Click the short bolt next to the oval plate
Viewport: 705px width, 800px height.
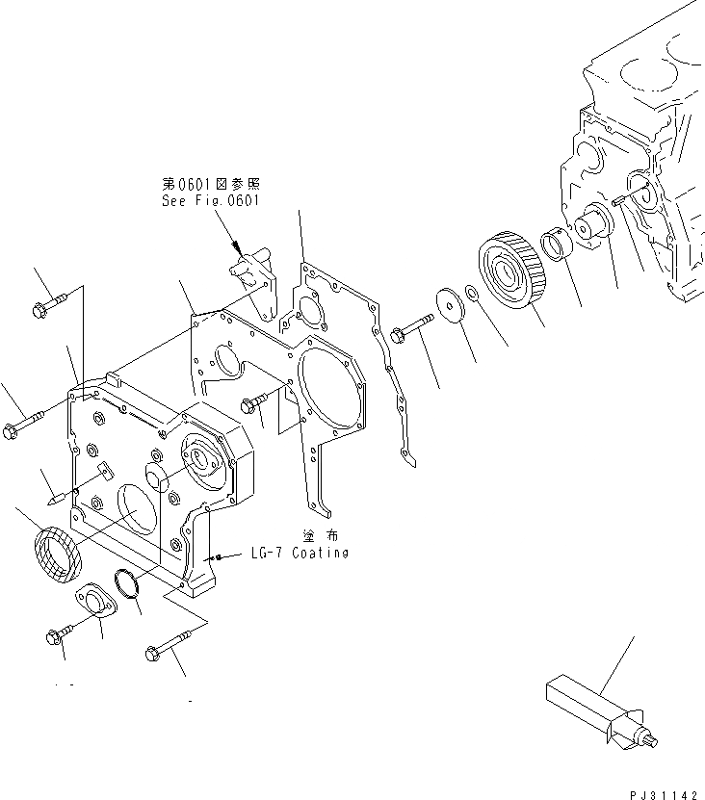pos(58,635)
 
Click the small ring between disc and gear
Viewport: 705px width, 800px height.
pos(471,293)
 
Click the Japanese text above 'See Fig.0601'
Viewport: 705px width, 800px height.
pos(211,184)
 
